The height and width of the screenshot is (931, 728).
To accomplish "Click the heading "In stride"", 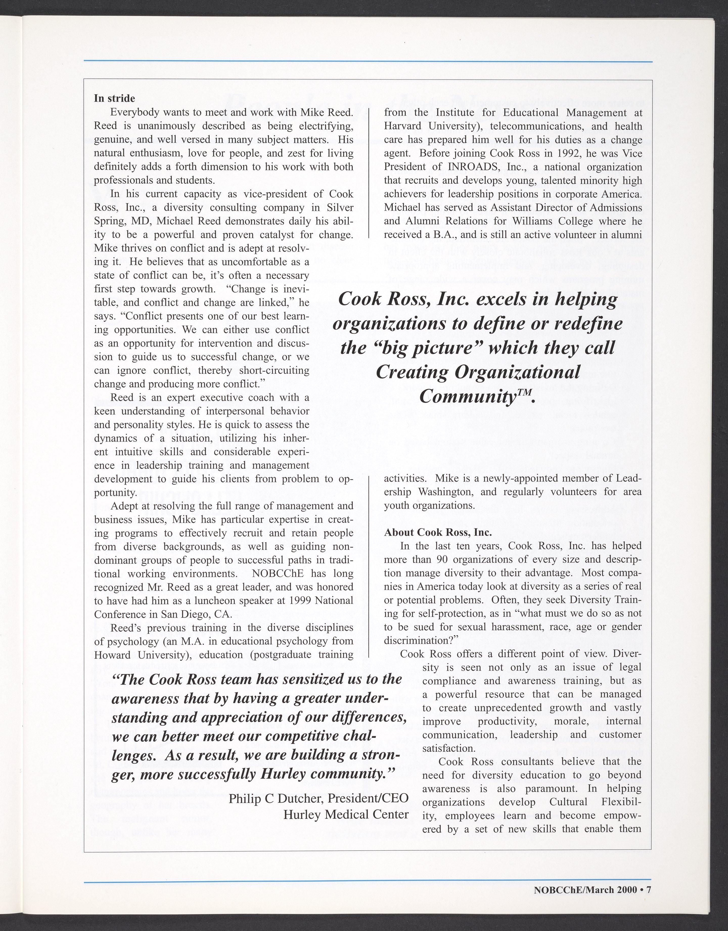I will pos(114,99).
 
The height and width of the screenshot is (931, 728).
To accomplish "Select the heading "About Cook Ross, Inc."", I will pos(438,532).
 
